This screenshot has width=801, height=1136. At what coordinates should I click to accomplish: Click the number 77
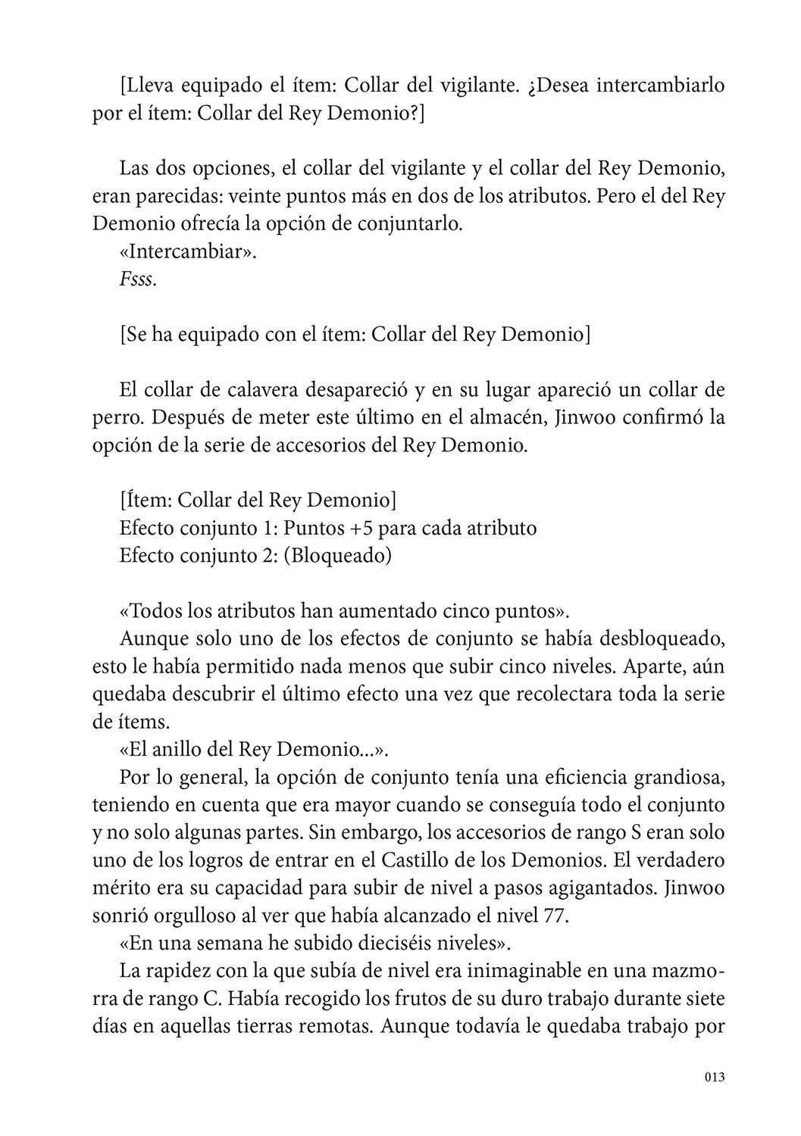554,916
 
